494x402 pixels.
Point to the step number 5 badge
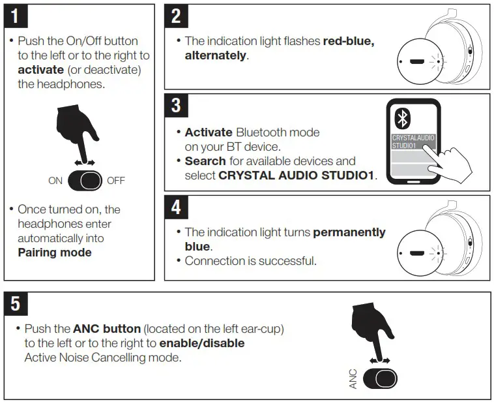tap(18, 304)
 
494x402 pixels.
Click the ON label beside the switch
tap(55, 181)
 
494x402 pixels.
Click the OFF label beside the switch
tap(115, 181)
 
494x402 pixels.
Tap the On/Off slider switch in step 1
tap(85, 181)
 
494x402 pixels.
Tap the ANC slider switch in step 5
tap(379, 379)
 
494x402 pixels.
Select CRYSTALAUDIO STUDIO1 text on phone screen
tap(413, 142)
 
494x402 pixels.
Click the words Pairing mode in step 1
tap(54, 252)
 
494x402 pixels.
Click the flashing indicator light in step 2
tap(439, 63)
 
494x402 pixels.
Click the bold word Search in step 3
tap(205, 161)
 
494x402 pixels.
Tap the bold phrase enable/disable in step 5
tap(202, 343)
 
